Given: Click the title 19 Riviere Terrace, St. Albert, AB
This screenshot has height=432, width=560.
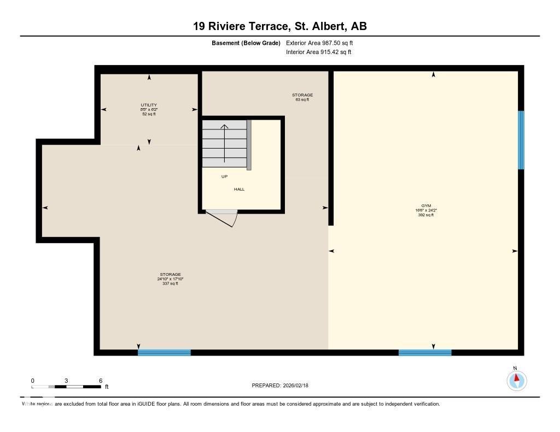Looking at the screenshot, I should pyautogui.click(x=279, y=26).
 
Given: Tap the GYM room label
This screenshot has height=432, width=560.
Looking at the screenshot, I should pyautogui.click(x=426, y=206).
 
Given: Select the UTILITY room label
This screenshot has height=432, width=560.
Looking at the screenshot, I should pyautogui.click(x=149, y=105).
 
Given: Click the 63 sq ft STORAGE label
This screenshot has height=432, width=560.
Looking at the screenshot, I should pyautogui.click(x=302, y=97).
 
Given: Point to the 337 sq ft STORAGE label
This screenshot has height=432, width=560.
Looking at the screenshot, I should pyautogui.click(x=170, y=279).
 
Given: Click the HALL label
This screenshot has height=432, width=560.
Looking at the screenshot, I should pyautogui.click(x=239, y=189).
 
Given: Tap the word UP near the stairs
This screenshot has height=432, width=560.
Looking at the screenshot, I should pyautogui.click(x=224, y=176).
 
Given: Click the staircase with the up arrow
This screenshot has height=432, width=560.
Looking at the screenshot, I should pyautogui.click(x=225, y=145).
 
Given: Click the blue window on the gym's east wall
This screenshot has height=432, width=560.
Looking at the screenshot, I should pyautogui.click(x=521, y=140).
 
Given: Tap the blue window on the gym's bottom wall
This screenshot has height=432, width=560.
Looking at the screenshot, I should pyautogui.click(x=425, y=352).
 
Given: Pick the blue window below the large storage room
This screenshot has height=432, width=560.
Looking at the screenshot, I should pyautogui.click(x=164, y=352).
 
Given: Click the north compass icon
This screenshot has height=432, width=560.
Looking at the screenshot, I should pyautogui.click(x=516, y=380).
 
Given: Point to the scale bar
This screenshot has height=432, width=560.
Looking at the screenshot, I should pyautogui.click(x=66, y=387).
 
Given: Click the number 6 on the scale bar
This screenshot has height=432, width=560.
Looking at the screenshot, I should pyautogui.click(x=100, y=381).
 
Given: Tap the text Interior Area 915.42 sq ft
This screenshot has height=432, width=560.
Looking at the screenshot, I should pyautogui.click(x=318, y=52).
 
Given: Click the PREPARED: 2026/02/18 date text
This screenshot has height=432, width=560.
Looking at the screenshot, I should pyautogui.click(x=280, y=386).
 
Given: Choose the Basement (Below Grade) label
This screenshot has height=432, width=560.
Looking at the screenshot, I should pyautogui.click(x=246, y=43).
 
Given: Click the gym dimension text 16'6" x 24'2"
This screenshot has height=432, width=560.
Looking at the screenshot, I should pyautogui.click(x=426, y=210).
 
